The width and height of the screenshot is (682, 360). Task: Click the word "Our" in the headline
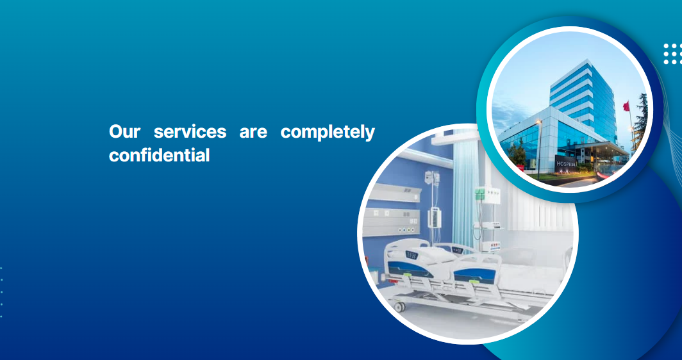point(124,131)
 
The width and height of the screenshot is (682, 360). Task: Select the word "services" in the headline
point(190,131)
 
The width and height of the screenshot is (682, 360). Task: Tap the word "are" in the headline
point(253,132)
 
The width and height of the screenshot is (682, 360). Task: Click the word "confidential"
point(159,155)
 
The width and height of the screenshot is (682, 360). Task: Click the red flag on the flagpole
point(626,106)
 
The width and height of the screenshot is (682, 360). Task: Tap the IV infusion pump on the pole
point(435,217)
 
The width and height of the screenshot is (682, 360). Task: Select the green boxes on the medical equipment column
point(479,193)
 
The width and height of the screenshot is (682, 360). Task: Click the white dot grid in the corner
point(672,54)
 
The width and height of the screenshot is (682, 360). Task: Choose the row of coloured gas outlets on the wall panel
point(406,229)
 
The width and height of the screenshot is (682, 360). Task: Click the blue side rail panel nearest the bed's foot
point(474,275)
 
